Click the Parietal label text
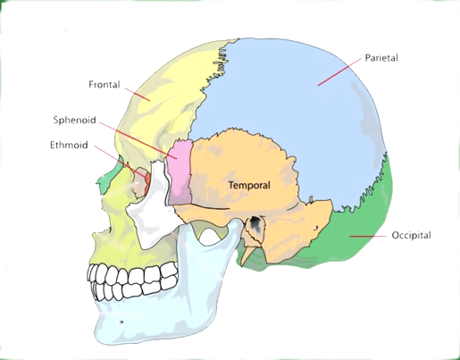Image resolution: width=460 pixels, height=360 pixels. tap(381, 57)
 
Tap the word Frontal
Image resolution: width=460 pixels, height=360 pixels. tap(105, 85)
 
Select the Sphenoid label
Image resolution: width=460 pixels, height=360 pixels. tap(75, 120)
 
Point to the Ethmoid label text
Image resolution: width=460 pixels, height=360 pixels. tap(69, 145)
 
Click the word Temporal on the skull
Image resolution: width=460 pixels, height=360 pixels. tap(249, 185)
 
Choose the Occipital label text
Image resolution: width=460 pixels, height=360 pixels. tap(411, 235)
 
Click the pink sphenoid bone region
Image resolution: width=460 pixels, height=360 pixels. tap(180, 172)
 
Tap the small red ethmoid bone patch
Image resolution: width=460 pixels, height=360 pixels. tap(147, 180)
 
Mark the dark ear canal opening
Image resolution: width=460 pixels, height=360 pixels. tap(255, 222)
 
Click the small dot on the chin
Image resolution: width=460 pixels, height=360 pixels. tap(121, 322)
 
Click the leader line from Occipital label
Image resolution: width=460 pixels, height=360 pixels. tap(368, 236)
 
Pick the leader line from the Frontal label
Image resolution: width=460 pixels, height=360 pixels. tap(138, 95)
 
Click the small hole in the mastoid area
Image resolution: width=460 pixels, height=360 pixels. tap(315, 229)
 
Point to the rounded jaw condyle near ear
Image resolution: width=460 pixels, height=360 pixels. tap(237, 224)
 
